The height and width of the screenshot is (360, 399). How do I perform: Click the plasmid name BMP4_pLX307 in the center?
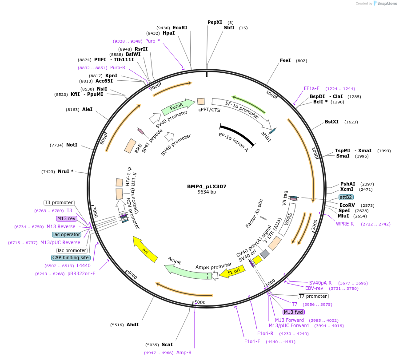point(207,186)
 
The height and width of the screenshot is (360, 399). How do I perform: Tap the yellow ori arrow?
point(146,249)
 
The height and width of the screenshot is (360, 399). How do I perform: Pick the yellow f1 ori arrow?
point(231,272)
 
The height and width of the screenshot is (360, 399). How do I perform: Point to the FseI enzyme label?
point(285,60)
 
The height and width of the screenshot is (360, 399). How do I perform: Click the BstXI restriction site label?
point(331,122)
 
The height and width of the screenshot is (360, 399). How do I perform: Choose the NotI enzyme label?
point(72,145)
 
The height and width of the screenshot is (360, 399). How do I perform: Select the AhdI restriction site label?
point(132,324)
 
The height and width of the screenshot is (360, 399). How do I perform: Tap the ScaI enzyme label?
point(167,344)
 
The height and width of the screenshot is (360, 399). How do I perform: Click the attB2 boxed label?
point(346,197)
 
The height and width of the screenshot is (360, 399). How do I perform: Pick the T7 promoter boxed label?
point(313,296)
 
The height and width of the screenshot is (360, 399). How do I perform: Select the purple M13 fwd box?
point(294,312)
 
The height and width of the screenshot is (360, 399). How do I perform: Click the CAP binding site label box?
point(71,257)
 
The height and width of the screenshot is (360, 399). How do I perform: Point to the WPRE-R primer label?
point(345,224)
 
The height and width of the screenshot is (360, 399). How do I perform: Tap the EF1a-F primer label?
point(311,88)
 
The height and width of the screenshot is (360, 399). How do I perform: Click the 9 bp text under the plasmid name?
point(207,192)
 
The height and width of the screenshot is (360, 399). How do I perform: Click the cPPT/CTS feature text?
point(209,110)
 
